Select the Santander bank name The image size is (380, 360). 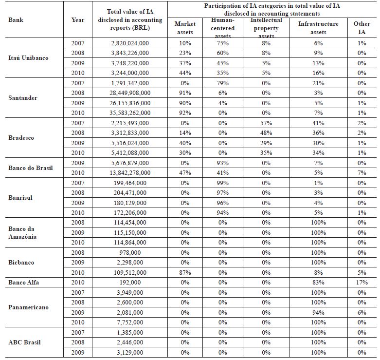tap(22, 98)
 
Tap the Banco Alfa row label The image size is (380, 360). tap(25, 283)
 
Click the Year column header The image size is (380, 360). tap(77, 20)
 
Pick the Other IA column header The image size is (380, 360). tap(362, 28)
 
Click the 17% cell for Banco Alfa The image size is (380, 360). tap(362, 283)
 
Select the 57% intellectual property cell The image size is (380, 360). tap(266, 123)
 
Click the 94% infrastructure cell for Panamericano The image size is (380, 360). tap(319, 313)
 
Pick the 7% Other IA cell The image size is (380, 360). tap(362, 173)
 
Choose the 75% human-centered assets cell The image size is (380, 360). tap(223, 43)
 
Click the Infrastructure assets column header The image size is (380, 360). tap(319, 28)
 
